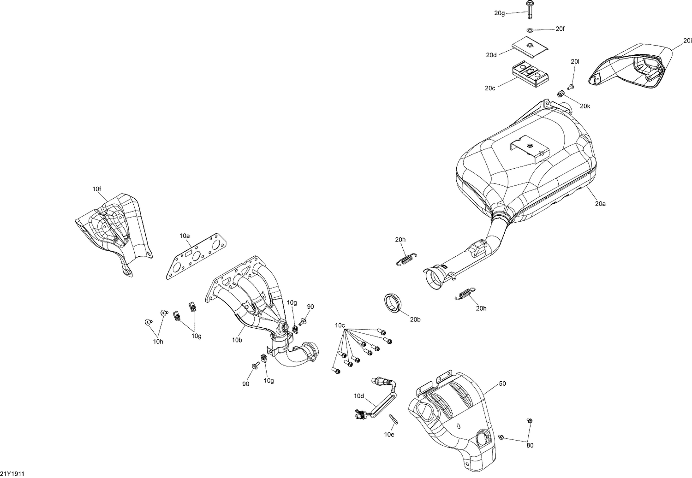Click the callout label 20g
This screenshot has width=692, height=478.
[x=500, y=13]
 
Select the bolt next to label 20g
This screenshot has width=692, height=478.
[x=529, y=9]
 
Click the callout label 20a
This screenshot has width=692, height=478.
[x=600, y=203]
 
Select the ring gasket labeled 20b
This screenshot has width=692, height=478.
[x=393, y=302]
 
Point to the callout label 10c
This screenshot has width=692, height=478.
[x=340, y=325]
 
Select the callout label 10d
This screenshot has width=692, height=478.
[x=359, y=395]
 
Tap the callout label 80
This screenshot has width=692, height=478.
[x=530, y=445]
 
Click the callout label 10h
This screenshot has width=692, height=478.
[x=158, y=342]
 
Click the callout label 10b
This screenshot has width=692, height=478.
[x=237, y=340]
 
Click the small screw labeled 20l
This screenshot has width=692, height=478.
[x=570, y=86]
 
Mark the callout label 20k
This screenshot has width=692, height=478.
[x=585, y=106]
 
